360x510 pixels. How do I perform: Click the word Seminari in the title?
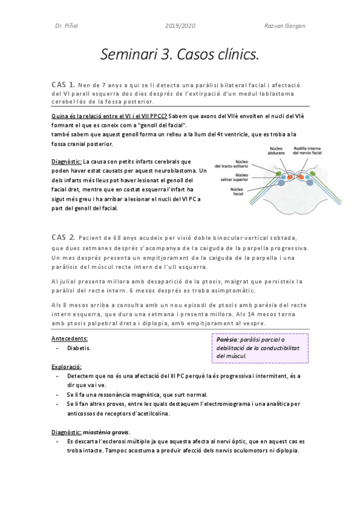click(130, 55)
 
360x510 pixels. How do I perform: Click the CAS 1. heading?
click(64, 84)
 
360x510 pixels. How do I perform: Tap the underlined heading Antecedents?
click(70, 337)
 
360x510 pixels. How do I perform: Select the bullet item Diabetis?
click(79, 348)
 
